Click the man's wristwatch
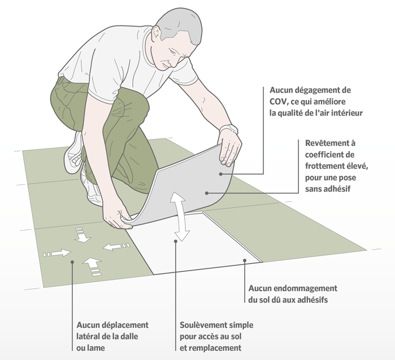(228, 129)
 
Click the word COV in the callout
(279, 101)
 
